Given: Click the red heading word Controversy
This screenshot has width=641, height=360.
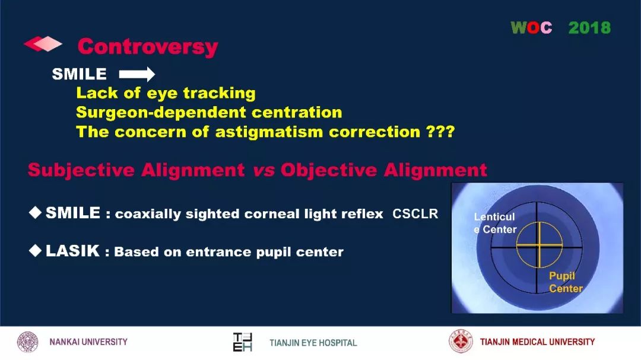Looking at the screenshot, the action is point(148,47).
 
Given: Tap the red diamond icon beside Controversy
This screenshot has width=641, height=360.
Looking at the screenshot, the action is point(43,44).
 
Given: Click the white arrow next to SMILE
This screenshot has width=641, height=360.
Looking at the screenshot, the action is point(137,74).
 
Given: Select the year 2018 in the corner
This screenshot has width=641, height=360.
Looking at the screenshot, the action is point(589,28).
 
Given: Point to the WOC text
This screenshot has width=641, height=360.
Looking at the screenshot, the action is point(531,28).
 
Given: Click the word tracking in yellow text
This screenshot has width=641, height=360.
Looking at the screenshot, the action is point(219,94).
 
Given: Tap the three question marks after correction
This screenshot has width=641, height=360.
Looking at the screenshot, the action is point(440,132).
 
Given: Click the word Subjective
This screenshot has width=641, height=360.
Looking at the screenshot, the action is point(81,170).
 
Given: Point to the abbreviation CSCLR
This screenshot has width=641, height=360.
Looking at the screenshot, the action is point(415,214).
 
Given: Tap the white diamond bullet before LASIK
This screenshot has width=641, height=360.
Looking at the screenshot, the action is point(35,250).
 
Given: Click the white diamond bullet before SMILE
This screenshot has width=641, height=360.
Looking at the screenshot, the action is point(35,212).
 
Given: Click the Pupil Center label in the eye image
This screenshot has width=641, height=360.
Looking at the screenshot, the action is point(566,282).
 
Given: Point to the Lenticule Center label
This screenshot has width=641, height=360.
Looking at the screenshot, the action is point(495,223).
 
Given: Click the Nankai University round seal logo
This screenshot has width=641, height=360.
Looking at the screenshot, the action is point(27,342).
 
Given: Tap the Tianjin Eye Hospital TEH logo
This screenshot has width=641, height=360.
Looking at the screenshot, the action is point(242,342).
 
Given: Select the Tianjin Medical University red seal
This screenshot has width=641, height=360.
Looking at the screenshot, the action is point(461,341).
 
